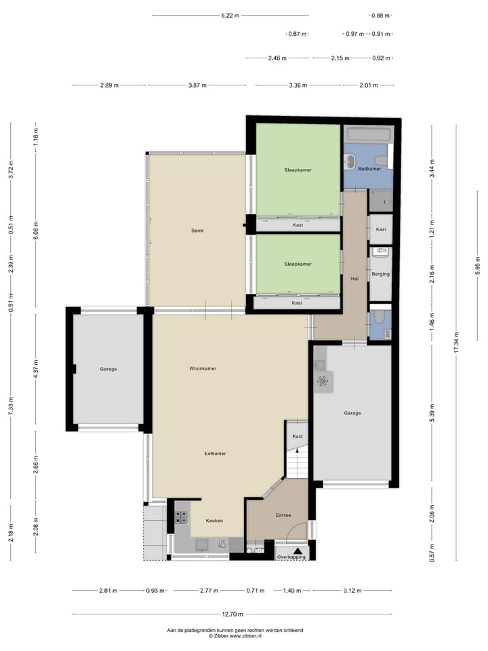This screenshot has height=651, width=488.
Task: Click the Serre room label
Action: (197, 231)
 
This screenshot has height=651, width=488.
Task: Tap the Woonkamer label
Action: (203, 369)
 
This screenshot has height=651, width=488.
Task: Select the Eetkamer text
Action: (216, 453)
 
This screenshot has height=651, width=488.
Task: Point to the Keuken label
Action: (214, 521)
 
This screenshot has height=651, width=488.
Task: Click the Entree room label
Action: (283, 515)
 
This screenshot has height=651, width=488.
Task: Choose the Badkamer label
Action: (369, 168)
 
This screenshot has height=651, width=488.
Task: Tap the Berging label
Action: (381, 274)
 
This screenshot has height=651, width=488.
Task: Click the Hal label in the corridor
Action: (354, 279)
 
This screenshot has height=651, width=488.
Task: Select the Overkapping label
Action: (291, 557)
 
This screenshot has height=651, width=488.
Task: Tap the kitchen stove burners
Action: (182, 517)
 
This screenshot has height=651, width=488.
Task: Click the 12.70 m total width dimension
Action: (233, 614)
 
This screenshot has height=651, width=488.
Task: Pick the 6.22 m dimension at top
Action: (230, 15)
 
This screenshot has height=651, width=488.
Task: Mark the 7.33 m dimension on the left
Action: (12, 404)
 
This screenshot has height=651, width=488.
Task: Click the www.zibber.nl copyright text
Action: (236, 636)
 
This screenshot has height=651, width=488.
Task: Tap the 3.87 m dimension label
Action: (197, 85)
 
